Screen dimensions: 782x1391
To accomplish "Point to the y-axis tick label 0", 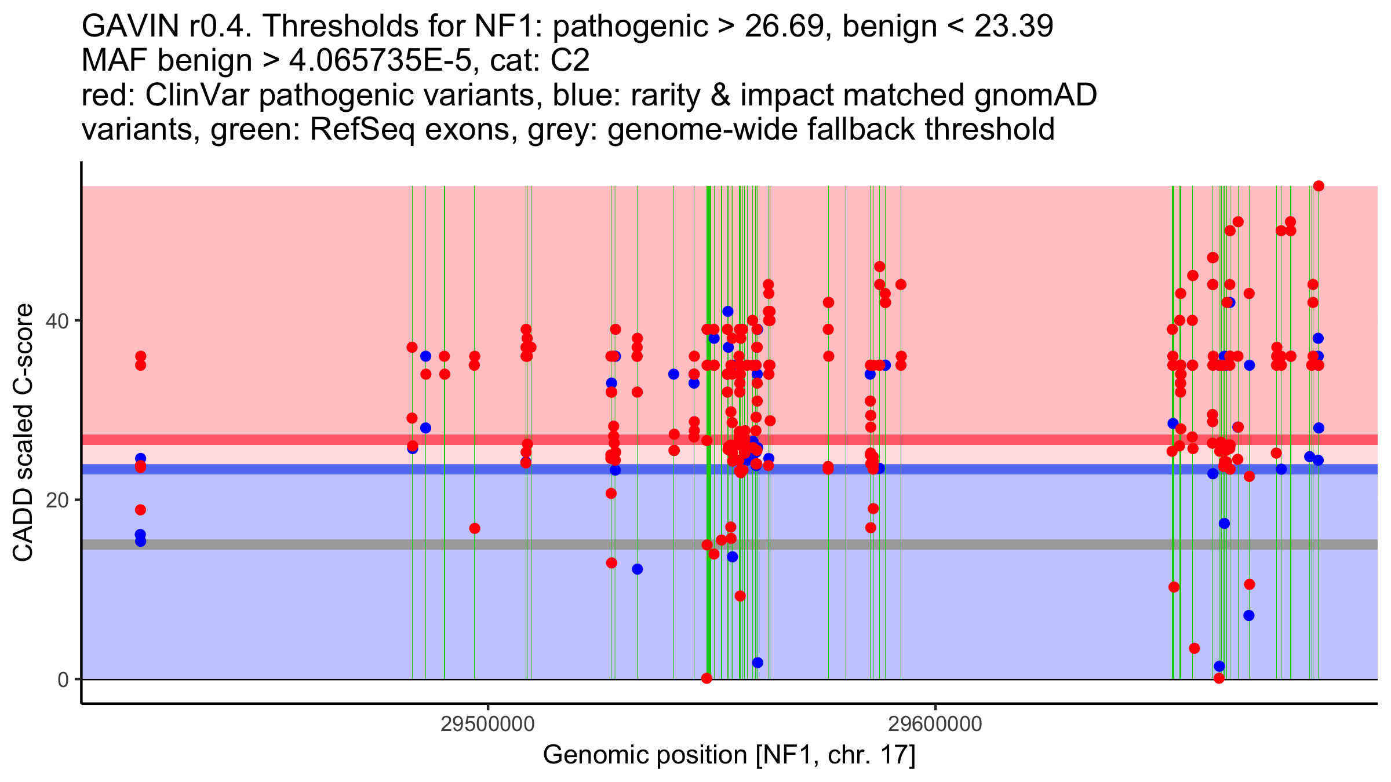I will pyautogui.click(x=63, y=679).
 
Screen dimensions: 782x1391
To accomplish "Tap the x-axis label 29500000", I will pyautogui.click(x=487, y=724).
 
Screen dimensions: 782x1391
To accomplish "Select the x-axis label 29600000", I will pyautogui.click(x=935, y=724).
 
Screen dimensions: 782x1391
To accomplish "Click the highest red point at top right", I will pyautogui.click(x=1319, y=186).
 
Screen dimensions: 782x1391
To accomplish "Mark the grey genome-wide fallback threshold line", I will pyautogui.click(x=348, y=545).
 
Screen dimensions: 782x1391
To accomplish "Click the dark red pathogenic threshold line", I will pyautogui.click(x=348, y=440).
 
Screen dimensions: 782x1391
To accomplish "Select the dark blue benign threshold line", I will pyautogui.click(x=348, y=469).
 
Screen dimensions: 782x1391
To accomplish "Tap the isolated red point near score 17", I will pyautogui.click(x=475, y=528).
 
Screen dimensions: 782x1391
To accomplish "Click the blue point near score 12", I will pyautogui.click(x=637, y=569).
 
